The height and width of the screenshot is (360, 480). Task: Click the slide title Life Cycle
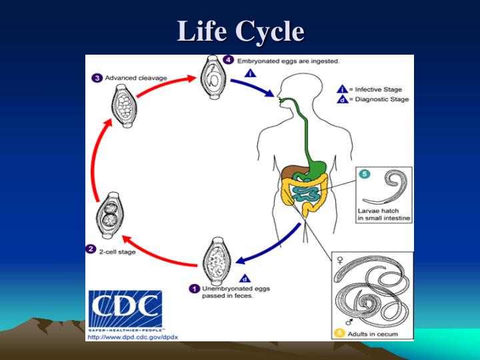click(x=240, y=31)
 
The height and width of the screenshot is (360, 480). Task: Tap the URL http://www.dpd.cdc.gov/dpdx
click(x=133, y=336)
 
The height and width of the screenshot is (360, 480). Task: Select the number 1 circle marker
click(x=195, y=289)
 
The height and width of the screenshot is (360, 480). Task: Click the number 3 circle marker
click(x=97, y=78)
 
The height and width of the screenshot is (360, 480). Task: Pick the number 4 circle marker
click(x=229, y=61)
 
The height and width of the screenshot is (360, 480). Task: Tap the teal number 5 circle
click(x=364, y=175)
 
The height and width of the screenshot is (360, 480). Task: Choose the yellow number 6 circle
click(x=339, y=331)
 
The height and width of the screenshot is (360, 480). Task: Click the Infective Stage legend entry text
click(x=378, y=89)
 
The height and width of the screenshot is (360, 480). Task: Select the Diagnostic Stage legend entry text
click(x=380, y=99)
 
